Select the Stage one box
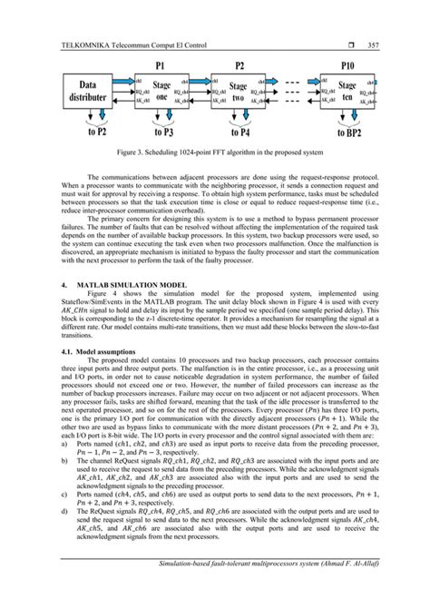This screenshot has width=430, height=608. point(158,93)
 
